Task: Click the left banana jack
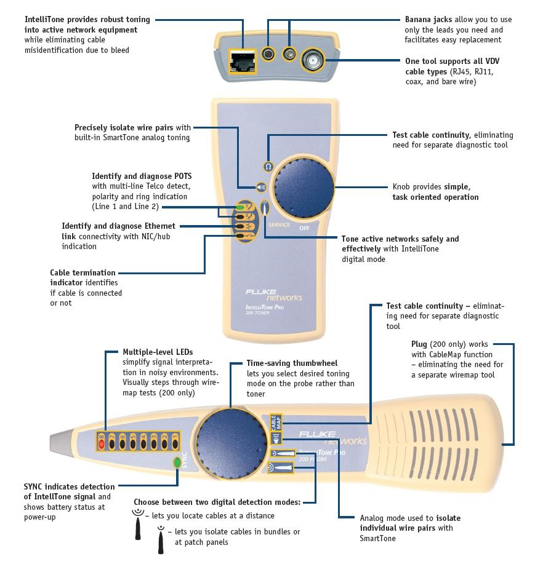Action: coord(268,54)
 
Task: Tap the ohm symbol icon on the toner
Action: coord(268,167)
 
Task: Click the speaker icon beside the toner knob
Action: coord(261,188)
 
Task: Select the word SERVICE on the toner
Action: coord(279,225)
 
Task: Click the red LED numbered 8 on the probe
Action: coord(102,442)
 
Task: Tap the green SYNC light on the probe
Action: coord(177,462)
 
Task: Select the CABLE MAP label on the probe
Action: coord(275,422)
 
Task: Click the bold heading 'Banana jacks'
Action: coord(428,20)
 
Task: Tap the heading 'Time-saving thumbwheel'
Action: coord(292,363)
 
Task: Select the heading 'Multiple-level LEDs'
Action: coord(158,352)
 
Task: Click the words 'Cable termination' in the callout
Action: coord(82,272)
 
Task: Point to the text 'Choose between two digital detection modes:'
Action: coord(217,502)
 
